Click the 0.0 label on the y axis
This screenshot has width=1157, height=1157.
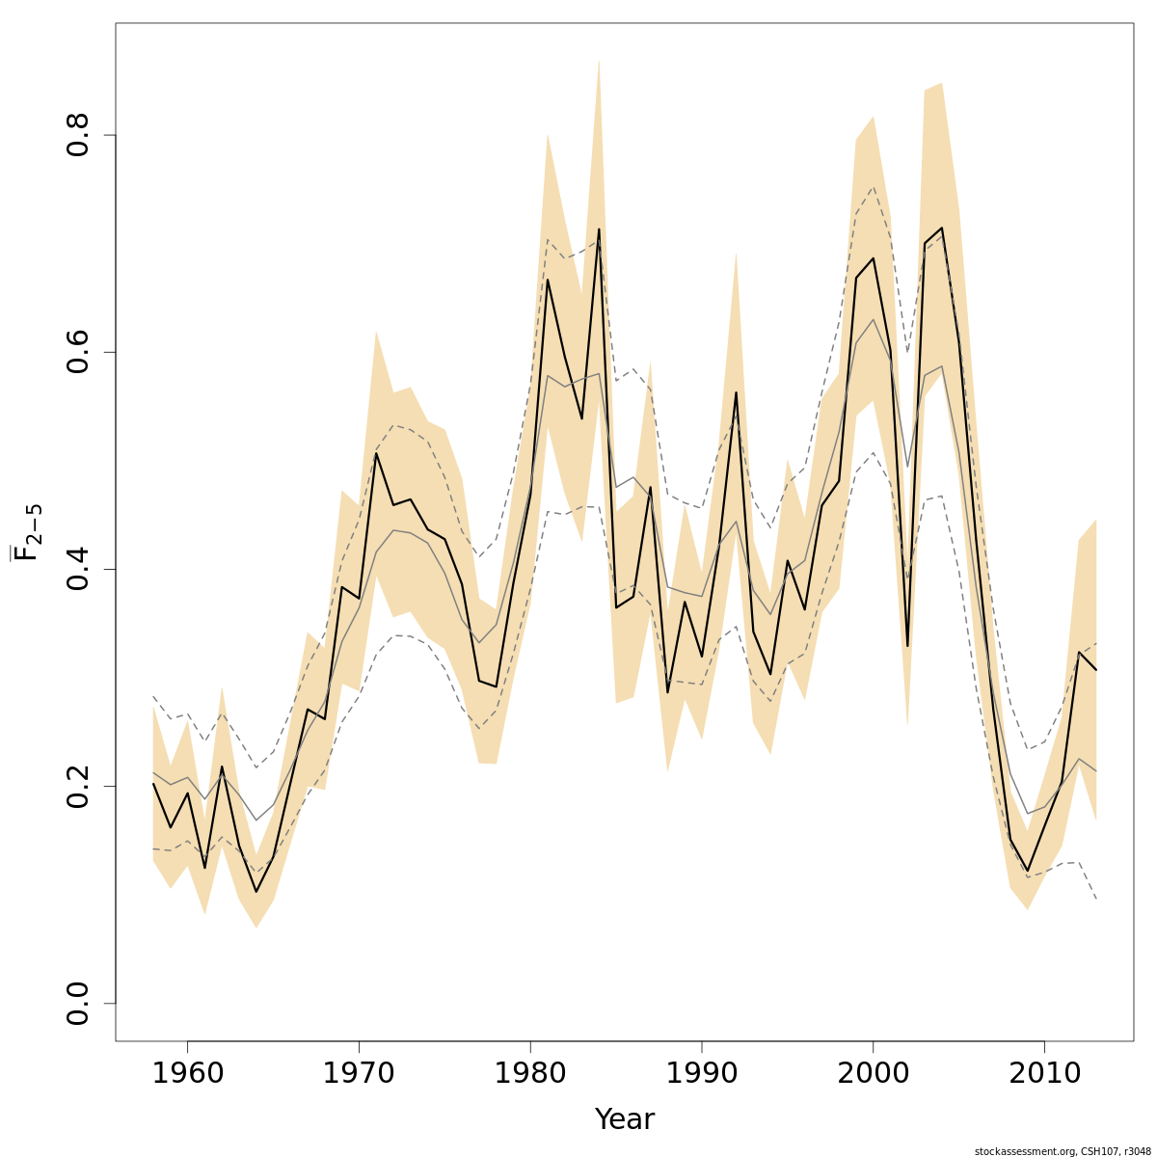[x=79, y=1003]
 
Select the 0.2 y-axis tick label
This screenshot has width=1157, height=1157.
[x=79, y=786]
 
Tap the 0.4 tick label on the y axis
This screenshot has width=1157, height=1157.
[x=79, y=569]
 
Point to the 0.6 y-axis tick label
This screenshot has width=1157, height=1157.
[x=79, y=352]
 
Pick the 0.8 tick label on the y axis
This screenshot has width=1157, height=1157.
[x=79, y=135]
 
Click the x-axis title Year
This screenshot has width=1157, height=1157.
[x=625, y=1119]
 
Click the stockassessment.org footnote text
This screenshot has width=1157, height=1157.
[x=1063, y=1151]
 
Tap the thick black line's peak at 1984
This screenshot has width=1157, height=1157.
[x=599, y=229]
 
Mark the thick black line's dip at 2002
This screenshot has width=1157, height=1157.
[x=907, y=646]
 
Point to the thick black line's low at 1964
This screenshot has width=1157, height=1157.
[x=256, y=891]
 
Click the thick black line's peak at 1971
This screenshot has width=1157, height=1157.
[x=376, y=453]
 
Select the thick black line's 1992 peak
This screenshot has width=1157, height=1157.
[x=737, y=392]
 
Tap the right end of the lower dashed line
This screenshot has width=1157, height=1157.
[x=1096, y=899]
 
